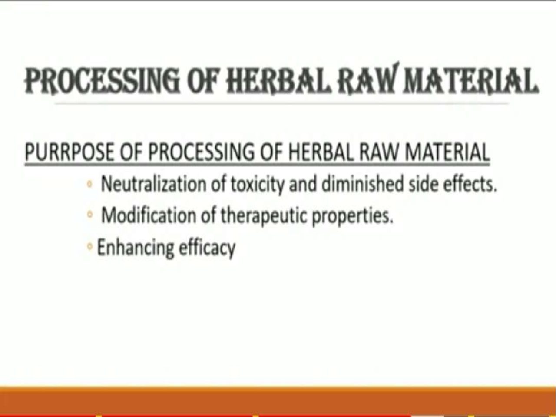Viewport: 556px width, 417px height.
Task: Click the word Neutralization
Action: pyautogui.click(x=154, y=184)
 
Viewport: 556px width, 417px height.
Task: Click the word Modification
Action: pyautogui.click(x=149, y=215)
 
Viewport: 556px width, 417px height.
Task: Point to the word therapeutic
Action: pyautogui.click(x=264, y=216)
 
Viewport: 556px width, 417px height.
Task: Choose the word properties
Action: pyautogui.click(x=353, y=216)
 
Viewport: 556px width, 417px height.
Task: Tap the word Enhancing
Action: pyautogui.click(x=136, y=248)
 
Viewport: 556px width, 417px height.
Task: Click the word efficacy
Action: pyautogui.click(x=207, y=248)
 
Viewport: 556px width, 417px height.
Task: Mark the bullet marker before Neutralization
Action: pyautogui.click(x=89, y=184)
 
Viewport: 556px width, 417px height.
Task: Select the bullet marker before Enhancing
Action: pyautogui.click(x=89, y=246)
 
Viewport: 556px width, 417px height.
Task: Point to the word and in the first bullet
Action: pyautogui.click(x=303, y=184)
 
